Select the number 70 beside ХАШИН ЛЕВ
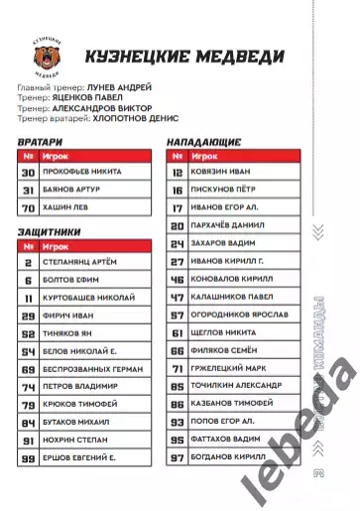[x=29, y=207]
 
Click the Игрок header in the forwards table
[x=206, y=156]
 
